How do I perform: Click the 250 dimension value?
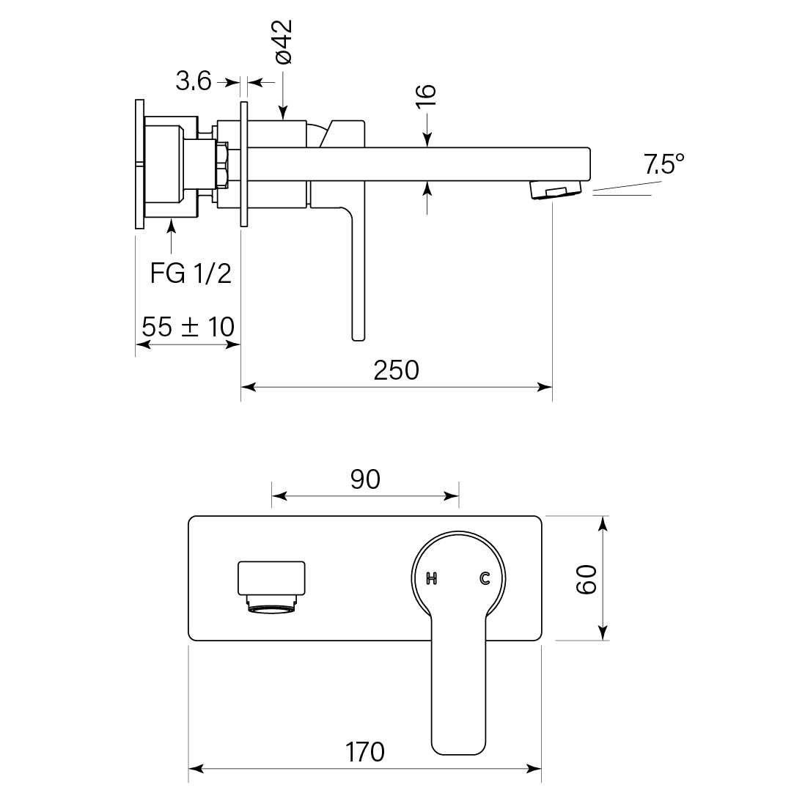click(x=396, y=369)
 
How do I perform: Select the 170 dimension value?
click(x=365, y=751)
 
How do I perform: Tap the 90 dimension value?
click(x=365, y=479)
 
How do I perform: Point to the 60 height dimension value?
click(x=586, y=579)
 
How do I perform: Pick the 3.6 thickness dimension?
click(x=193, y=81)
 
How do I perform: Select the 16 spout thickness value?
click(x=427, y=95)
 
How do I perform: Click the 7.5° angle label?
click(x=664, y=164)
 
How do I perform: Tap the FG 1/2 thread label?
click(x=191, y=273)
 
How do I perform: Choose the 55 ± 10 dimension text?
click(x=188, y=326)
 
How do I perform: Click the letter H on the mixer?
click(x=432, y=579)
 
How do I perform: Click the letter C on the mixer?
click(x=485, y=579)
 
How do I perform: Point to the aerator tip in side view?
click(x=555, y=191)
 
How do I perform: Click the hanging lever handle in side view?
click(x=357, y=279)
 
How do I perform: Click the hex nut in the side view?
click(x=222, y=167)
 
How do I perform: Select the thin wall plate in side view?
click(x=245, y=166)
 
